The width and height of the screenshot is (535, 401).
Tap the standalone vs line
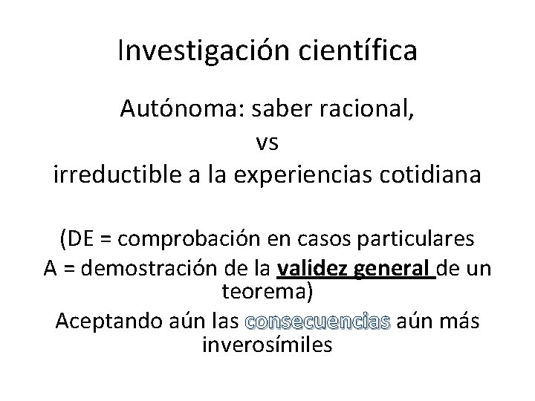266,143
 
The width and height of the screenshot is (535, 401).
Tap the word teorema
267,292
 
